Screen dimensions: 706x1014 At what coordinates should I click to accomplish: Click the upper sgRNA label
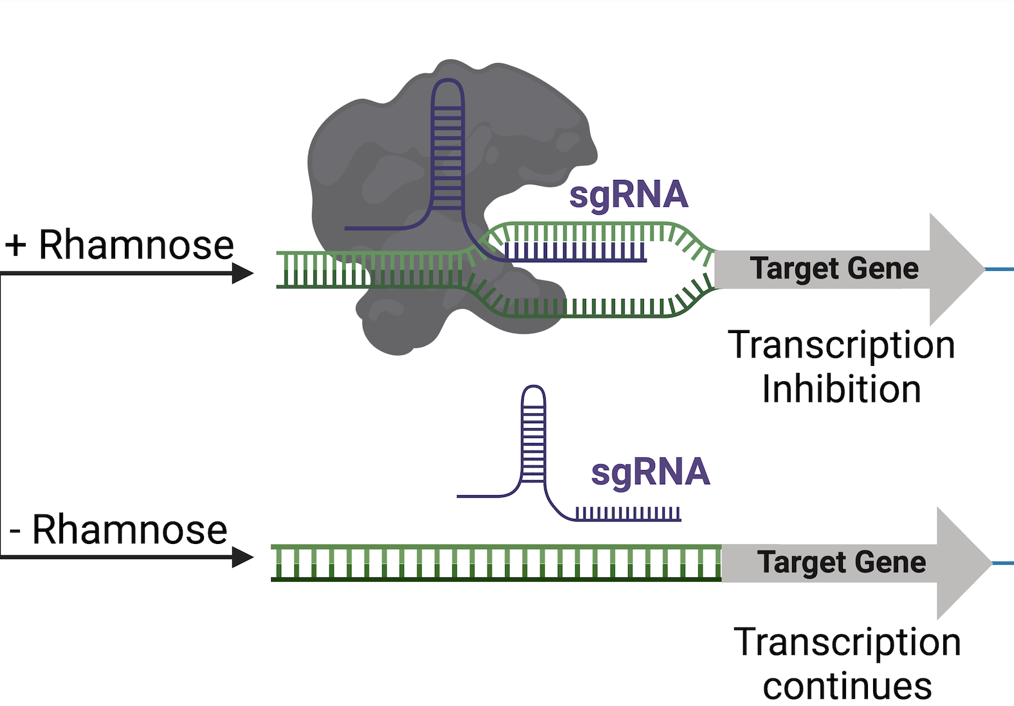[x=629, y=195]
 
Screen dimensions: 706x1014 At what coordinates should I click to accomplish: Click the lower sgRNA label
[x=650, y=472]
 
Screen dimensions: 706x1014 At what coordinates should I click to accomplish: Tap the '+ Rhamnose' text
[x=120, y=245]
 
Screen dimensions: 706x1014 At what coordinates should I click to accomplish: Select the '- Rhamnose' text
[x=119, y=530]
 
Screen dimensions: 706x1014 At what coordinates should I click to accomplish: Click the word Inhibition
[x=842, y=389]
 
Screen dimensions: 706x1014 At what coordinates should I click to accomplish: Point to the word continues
[x=847, y=686]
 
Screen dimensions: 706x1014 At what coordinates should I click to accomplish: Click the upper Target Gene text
[x=834, y=268]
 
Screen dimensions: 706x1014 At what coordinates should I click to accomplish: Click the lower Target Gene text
[x=842, y=562]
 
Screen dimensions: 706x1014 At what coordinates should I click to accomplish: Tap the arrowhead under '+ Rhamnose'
[x=243, y=273]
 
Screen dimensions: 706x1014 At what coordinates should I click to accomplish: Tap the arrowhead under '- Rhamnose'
[x=243, y=557]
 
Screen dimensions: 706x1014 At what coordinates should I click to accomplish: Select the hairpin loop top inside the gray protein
[x=447, y=84]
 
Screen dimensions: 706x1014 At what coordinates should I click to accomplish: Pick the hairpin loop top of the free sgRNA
[x=533, y=390]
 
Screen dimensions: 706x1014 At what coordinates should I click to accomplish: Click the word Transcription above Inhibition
[x=842, y=345]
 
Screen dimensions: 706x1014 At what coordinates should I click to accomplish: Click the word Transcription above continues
[x=847, y=642]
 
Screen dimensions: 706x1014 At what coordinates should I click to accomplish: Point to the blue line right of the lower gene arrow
[x=1004, y=563]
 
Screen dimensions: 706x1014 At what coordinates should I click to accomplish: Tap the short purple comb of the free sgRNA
[x=628, y=514]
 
